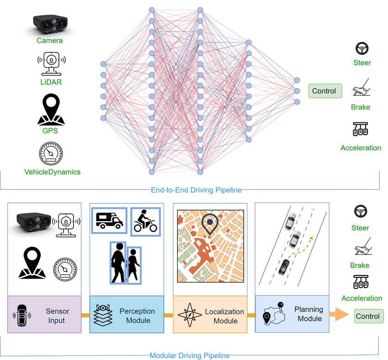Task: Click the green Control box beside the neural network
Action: tap(324, 91)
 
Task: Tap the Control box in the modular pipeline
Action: tap(367, 316)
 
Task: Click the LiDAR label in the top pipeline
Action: tap(50, 82)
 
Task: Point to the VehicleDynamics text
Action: tap(52, 172)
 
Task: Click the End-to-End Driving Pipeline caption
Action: tap(196, 190)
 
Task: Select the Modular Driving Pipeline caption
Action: tap(190, 355)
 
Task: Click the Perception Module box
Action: tap(126, 315)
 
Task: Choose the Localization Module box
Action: tap(210, 315)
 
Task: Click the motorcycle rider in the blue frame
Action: tap(145, 222)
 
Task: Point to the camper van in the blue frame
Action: tap(109, 220)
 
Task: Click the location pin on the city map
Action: tap(210, 224)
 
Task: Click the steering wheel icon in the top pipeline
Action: tap(362, 48)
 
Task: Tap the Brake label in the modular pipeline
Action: tap(360, 265)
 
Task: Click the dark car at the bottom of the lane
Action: tap(284, 266)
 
